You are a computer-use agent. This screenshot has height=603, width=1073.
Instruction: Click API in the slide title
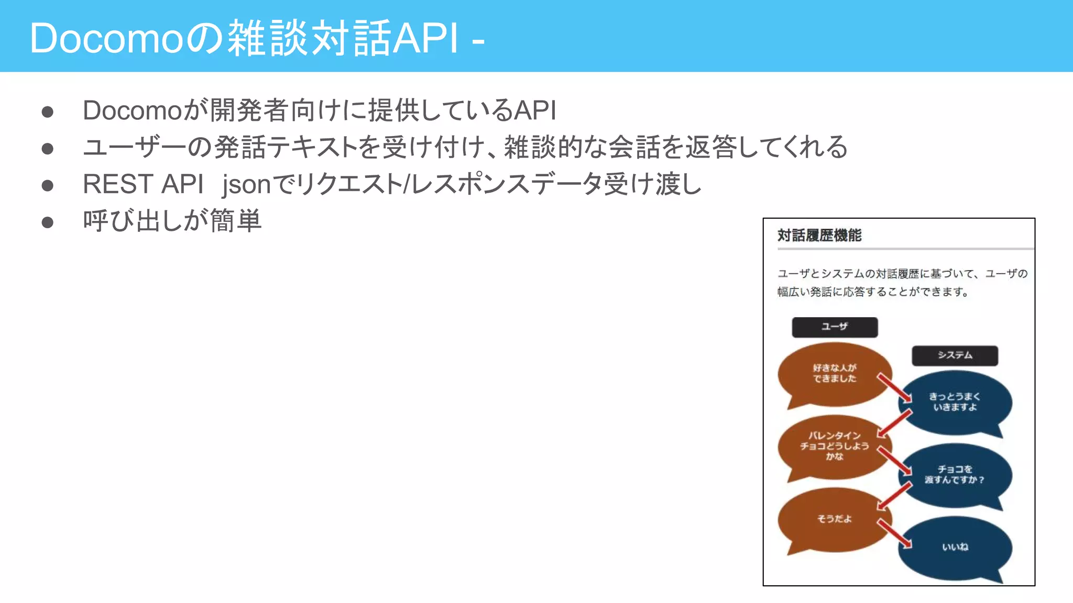pos(425,38)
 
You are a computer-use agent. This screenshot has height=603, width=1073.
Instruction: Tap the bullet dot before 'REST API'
pos(48,185)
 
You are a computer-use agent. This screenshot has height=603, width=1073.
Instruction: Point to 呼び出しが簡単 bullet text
pos(172,221)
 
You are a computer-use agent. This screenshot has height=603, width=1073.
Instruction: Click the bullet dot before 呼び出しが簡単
pos(48,222)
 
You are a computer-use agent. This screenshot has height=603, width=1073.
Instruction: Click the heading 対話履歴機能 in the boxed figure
pos(819,236)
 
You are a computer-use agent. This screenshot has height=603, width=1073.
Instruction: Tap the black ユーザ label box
pos(834,327)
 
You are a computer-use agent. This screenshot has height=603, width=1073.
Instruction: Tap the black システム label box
pos(955,355)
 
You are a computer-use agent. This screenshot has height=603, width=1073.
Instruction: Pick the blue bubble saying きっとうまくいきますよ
pos(955,402)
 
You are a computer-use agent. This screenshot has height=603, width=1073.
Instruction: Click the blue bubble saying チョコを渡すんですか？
pos(955,475)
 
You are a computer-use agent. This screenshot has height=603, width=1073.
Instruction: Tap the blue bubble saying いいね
pos(955,548)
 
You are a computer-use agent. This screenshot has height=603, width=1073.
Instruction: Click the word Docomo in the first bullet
pos(132,110)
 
